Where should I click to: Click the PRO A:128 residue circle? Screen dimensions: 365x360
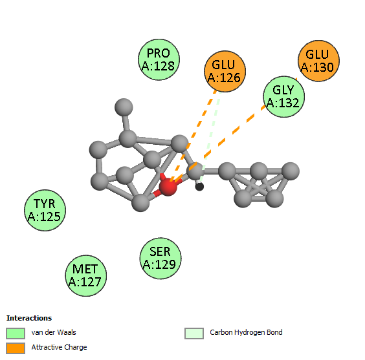pos(159,59)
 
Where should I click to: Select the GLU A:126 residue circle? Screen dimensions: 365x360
pos(225,71)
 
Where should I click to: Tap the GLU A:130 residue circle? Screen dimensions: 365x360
pos(318,61)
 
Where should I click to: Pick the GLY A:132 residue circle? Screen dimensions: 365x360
pos(283,96)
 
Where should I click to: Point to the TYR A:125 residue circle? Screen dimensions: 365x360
pos(45,210)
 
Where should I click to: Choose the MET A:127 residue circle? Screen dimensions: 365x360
pos(86,275)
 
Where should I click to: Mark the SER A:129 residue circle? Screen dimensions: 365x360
pos(160,259)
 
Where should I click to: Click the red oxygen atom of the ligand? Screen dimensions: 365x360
pos(168,187)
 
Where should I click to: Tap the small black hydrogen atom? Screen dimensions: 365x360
pos(199,187)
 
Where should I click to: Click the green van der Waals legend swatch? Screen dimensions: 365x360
pos(16,334)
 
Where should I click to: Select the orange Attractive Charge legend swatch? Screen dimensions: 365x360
pos(16,348)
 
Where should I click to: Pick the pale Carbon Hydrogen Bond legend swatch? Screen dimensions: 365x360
pos(194,334)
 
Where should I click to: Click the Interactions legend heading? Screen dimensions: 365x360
pos(29,318)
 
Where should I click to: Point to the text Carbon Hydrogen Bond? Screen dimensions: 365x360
pos(246,332)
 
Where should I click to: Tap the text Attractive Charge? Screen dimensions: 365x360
pos(59,347)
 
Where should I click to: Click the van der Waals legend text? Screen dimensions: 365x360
pos(54,332)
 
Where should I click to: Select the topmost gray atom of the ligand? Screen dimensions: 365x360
pos(124,107)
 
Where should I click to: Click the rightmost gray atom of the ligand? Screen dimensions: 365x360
pos(291,171)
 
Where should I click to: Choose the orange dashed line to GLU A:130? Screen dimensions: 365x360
pos(235,130)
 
